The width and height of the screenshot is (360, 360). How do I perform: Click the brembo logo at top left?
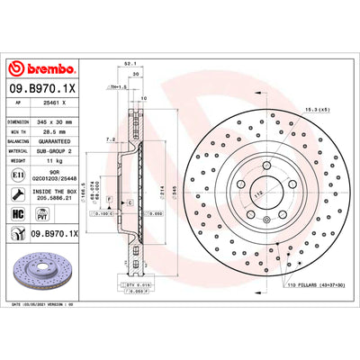[x=43, y=69]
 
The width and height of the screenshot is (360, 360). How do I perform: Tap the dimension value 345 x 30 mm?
[x=60, y=120]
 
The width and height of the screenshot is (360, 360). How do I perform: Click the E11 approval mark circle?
[x=20, y=175]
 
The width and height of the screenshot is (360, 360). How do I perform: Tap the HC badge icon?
[x=19, y=214]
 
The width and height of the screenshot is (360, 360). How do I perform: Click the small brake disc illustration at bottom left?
[x=43, y=274]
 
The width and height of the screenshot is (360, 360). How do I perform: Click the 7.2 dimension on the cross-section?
[x=109, y=139]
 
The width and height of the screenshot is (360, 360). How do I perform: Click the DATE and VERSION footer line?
[x=54, y=307]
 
